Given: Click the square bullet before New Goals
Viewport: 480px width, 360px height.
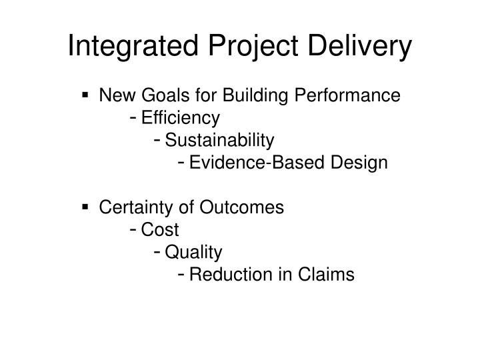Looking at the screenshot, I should click(86, 97).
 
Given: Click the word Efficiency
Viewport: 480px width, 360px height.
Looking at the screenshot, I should click(180, 118).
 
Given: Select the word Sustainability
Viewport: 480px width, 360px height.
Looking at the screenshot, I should click(219, 140).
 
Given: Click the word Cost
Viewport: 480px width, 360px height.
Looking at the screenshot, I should click(161, 230).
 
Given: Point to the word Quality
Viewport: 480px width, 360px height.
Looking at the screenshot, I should click(194, 252).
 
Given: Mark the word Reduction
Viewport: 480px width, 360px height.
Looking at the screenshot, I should click(227, 274).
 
